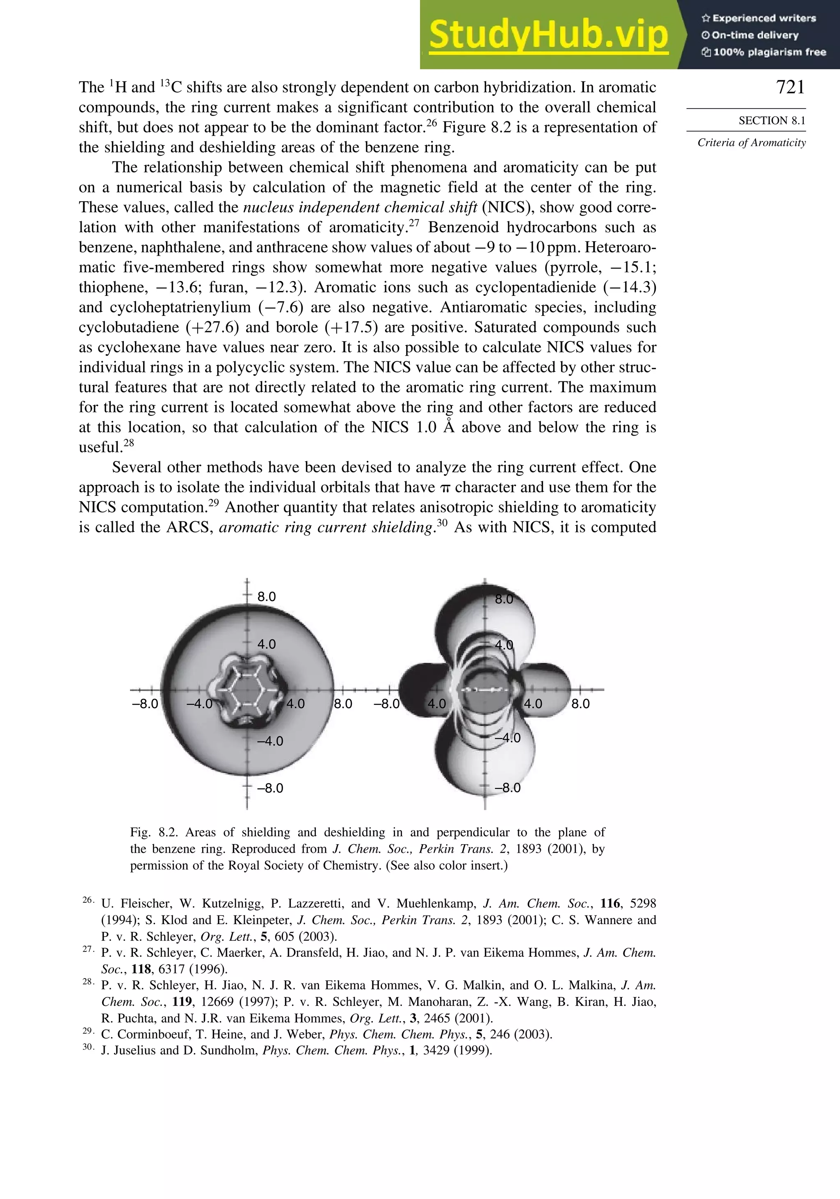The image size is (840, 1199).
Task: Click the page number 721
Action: (x=790, y=87)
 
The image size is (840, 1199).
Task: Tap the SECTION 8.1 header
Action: (x=772, y=120)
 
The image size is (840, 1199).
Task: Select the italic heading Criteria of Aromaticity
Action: (x=751, y=143)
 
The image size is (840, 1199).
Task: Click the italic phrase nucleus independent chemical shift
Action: (x=360, y=207)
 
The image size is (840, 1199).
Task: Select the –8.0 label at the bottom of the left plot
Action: (x=270, y=788)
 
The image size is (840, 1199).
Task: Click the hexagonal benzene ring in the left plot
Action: (x=247, y=690)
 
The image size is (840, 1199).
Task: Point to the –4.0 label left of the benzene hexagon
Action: (x=200, y=704)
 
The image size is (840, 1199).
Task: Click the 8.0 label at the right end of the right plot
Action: (x=580, y=704)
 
